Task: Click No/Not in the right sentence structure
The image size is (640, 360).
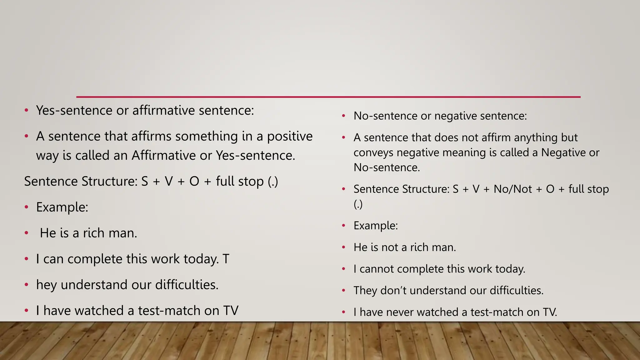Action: point(512,189)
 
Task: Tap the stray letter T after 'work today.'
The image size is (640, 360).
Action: point(226,259)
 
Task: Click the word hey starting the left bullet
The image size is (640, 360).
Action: point(46,285)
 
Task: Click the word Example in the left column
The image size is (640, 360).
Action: point(62,207)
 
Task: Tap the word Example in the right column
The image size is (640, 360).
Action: point(375,226)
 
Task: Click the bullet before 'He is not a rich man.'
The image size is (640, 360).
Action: point(343,247)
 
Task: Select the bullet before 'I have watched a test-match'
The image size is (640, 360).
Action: point(27,311)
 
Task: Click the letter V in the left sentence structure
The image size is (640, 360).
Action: point(168,181)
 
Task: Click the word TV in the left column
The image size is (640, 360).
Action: point(231,311)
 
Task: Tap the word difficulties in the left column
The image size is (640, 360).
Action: point(187,285)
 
